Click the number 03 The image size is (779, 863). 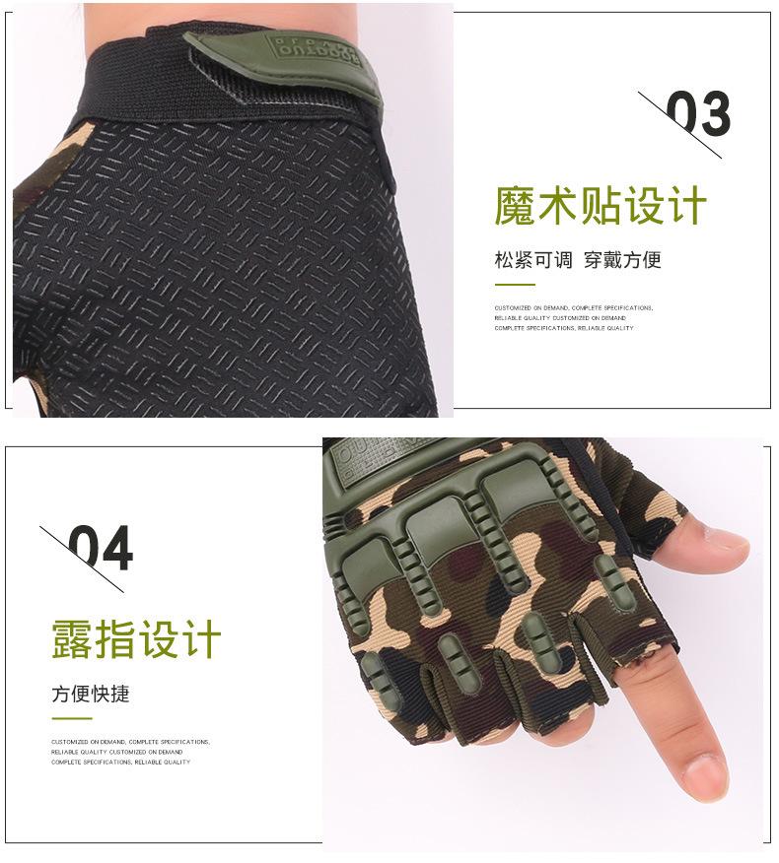[698, 114]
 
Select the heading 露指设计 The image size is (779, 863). [136, 640]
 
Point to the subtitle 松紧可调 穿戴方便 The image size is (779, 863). [577, 260]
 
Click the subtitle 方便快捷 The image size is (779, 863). [91, 694]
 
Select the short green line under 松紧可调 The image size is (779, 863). [514, 285]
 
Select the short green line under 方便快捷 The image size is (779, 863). [71, 718]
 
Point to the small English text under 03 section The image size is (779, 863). [573, 318]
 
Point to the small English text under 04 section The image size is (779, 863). [130, 752]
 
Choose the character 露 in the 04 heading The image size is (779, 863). [72, 640]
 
